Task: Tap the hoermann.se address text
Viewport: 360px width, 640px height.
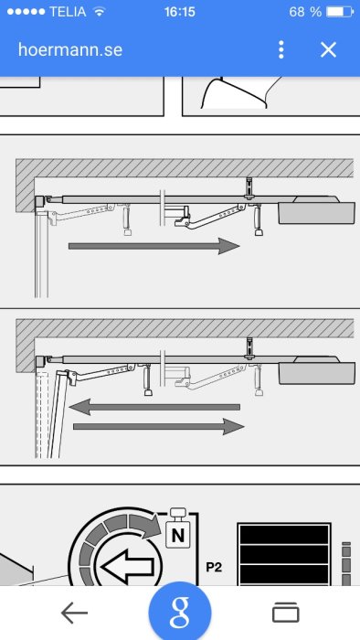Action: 70,49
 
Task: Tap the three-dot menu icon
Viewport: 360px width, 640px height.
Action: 281,49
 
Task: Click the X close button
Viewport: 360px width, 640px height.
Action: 328,49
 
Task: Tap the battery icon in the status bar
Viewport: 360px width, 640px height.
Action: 340,11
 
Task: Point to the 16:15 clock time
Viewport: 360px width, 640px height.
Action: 180,11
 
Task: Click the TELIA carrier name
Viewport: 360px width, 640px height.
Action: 69,11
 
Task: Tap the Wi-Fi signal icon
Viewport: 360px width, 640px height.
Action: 99,11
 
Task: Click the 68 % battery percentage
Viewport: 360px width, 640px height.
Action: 305,11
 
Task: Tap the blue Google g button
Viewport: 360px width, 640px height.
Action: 180,611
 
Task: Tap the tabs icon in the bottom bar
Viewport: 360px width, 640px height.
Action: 286,613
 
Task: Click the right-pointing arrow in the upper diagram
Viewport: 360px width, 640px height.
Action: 154,246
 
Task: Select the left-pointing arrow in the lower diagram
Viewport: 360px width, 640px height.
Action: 154,407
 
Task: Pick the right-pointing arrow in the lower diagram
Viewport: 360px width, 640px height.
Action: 159,427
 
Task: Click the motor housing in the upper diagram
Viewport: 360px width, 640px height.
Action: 317,210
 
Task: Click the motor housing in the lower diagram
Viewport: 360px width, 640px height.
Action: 317,370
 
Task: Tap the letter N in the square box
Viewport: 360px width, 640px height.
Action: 178,535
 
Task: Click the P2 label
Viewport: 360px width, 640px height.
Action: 214,567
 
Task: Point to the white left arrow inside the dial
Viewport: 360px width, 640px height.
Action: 128,567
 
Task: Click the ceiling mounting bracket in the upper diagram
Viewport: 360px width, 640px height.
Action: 249,187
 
